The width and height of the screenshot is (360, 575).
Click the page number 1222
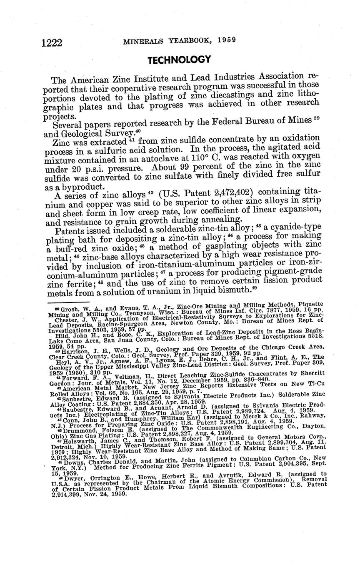52,43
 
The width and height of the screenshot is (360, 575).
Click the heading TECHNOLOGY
180,60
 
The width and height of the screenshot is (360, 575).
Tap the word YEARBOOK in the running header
186,40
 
